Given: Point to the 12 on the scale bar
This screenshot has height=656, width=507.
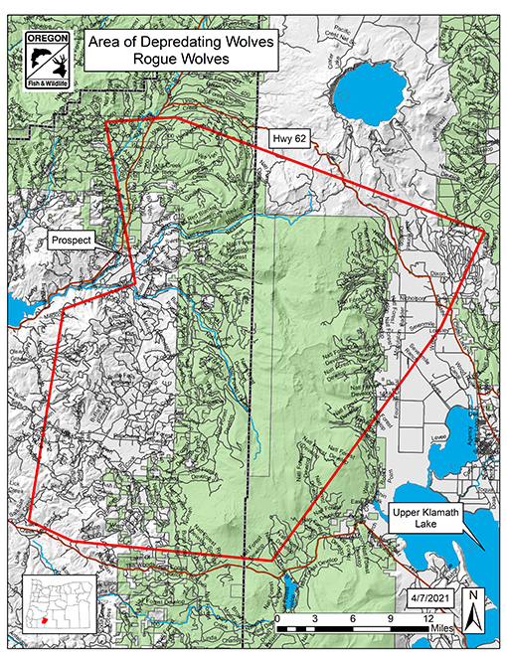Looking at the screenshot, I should (429, 618).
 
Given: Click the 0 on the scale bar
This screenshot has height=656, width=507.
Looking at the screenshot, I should (277, 618).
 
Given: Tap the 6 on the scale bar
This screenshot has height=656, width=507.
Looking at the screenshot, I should (353, 618).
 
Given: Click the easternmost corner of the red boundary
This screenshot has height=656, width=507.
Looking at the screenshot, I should (484, 235).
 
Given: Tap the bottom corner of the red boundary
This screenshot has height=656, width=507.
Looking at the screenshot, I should (272, 560).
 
